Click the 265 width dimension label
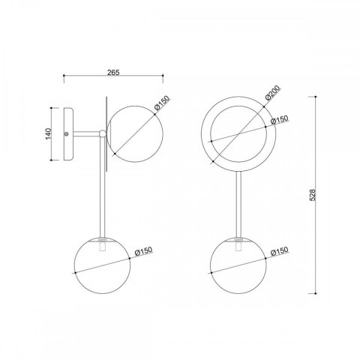click(x=113, y=73)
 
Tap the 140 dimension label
click(x=48, y=133)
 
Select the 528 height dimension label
click(x=313, y=195)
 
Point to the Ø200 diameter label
click(x=272, y=93)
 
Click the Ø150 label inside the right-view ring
click(x=280, y=119)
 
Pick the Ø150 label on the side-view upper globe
click(x=162, y=103)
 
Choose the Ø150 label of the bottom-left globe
click(x=143, y=250)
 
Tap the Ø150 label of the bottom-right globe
click(x=280, y=251)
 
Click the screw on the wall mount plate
click(x=66, y=134)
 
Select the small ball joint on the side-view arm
click(x=103, y=133)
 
